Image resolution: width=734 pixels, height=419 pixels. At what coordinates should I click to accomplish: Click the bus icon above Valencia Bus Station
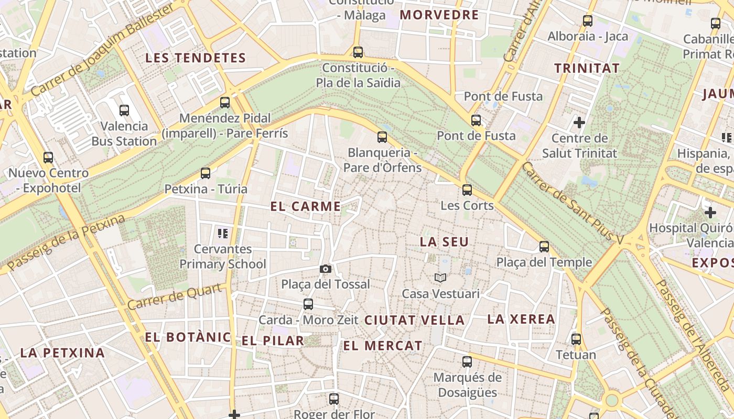(124, 111)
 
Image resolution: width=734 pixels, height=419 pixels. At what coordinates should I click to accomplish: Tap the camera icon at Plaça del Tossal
(326, 269)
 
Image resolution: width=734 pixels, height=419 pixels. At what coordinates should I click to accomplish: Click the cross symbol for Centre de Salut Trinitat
(579, 123)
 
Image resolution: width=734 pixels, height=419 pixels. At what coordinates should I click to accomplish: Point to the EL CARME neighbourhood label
(306, 206)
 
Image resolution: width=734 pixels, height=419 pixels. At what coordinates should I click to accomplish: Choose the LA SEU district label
(444, 242)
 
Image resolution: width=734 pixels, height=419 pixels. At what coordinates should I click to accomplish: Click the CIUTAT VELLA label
(414, 320)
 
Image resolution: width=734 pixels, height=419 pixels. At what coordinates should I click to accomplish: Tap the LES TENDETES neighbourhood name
(196, 58)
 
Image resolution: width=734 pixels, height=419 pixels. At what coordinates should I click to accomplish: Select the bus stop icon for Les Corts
(467, 190)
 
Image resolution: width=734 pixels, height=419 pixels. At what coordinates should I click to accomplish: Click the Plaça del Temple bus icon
(544, 247)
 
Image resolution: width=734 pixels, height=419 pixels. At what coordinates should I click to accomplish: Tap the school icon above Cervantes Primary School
(223, 233)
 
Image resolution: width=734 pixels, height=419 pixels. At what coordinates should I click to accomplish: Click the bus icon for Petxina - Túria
(206, 173)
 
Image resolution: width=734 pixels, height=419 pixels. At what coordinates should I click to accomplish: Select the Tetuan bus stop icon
(576, 339)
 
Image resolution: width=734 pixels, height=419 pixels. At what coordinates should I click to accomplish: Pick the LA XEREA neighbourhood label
(521, 319)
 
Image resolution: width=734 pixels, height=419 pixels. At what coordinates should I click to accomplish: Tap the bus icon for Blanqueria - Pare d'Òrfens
(382, 137)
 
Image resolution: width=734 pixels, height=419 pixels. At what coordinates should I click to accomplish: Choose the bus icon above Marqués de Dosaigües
(467, 362)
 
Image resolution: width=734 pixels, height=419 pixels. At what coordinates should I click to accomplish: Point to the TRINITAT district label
(587, 68)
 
